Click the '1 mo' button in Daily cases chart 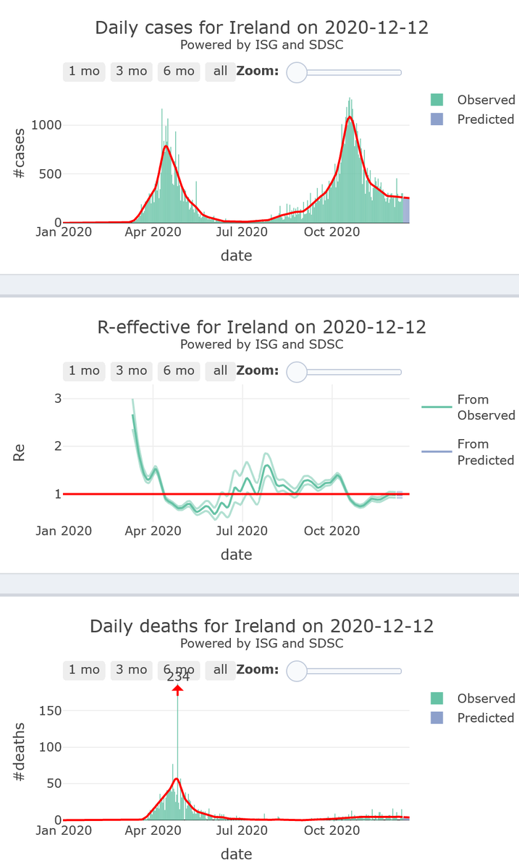[84, 72]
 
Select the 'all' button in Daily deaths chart [220, 670]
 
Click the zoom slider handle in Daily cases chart [297, 72]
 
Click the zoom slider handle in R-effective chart [297, 371]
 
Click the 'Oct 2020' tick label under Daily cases [332, 232]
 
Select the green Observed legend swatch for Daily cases [436, 100]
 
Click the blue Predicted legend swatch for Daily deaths [436, 718]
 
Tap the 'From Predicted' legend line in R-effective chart [436, 452]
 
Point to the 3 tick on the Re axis [58, 399]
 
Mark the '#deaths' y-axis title [20, 751]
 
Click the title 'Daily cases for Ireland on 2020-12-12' [261, 28]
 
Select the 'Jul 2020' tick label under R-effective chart [242, 531]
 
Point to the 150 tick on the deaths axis [51, 710]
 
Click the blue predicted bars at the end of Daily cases [406, 210]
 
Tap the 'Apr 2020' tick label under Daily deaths [153, 830]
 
